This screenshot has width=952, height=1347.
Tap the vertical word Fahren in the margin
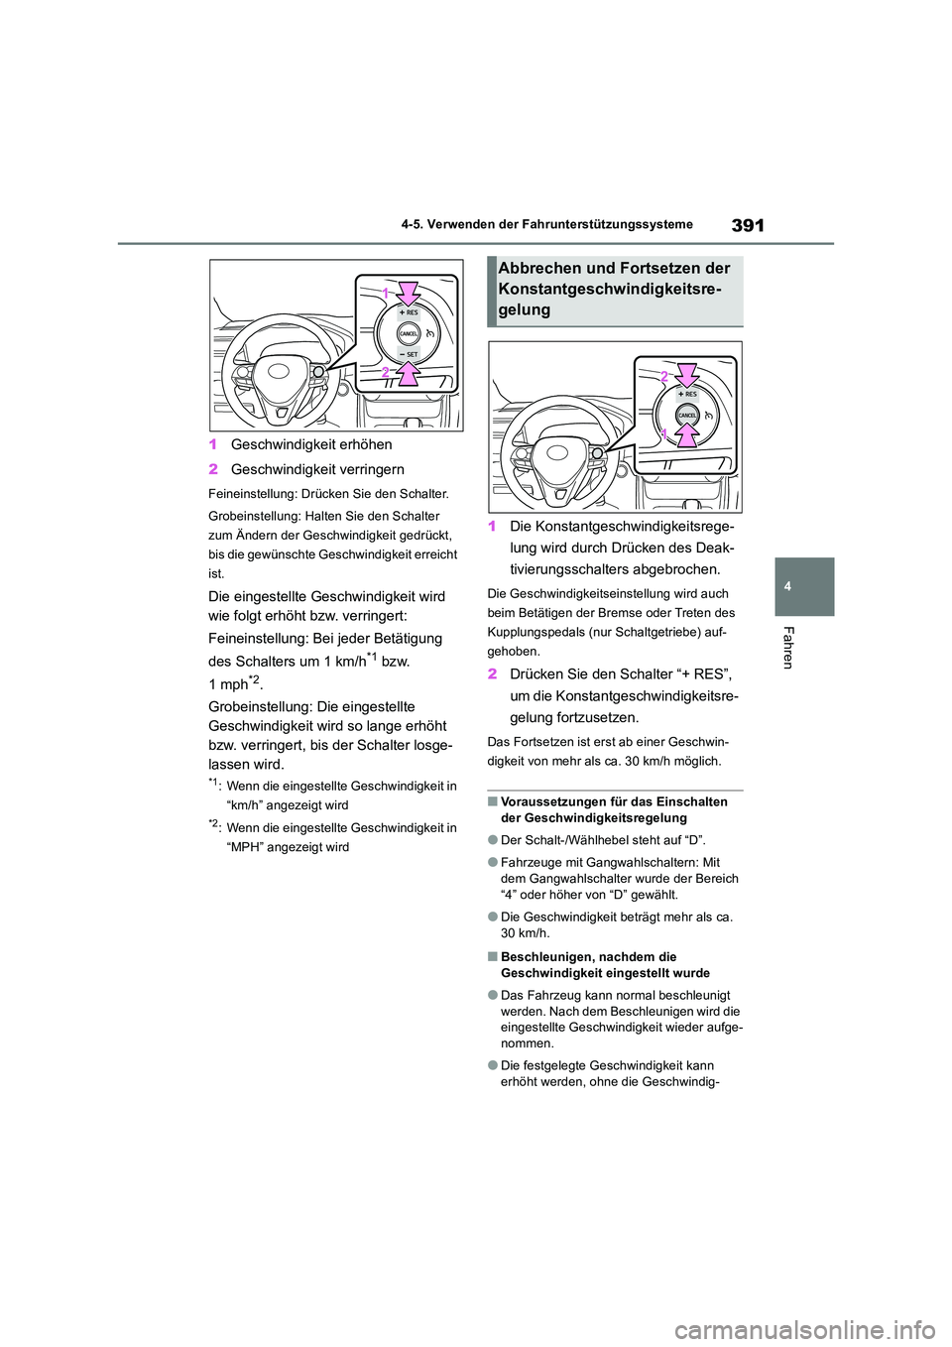click(x=789, y=648)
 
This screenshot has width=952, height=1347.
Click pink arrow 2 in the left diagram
click(x=408, y=374)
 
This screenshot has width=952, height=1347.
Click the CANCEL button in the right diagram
click(x=687, y=417)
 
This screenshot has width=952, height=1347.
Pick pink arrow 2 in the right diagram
click(x=686, y=376)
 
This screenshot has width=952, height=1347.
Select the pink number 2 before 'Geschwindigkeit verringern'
click(x=214, y=469)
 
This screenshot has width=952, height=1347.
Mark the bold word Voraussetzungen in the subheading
click(x=551, y=802)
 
